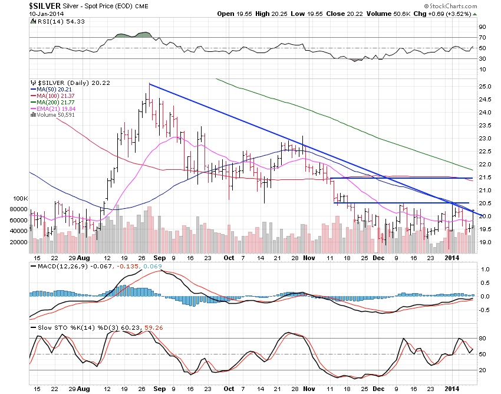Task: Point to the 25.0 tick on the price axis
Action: pos(484,87)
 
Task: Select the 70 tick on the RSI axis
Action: pos(482,37)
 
